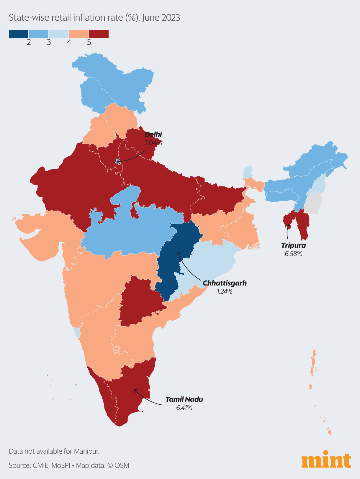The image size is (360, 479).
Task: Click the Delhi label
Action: (153, 134)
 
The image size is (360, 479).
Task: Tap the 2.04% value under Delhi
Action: (153, 143)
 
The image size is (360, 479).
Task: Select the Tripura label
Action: (293, 245)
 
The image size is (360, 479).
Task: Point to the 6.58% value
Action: (293, 254)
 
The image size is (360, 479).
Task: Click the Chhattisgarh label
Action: (225, 283)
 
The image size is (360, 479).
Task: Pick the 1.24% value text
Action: (225, 291)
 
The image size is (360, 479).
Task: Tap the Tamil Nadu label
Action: (184, 399)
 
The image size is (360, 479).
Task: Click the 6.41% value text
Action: (184, 408)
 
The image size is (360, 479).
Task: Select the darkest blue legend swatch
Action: (19, 34)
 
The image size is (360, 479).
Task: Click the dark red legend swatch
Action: (99, 34)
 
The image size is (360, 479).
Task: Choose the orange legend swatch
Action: (79, 34)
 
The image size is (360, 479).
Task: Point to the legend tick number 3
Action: (49, 42)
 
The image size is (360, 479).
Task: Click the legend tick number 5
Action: (89, 42)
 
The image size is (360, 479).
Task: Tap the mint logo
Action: (326, 460)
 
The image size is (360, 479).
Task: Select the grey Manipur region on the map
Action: (313, 204)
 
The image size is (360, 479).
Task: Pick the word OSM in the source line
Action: (122, 466)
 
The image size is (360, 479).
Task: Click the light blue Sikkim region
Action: (248, 172)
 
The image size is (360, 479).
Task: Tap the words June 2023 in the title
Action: (161, 18)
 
